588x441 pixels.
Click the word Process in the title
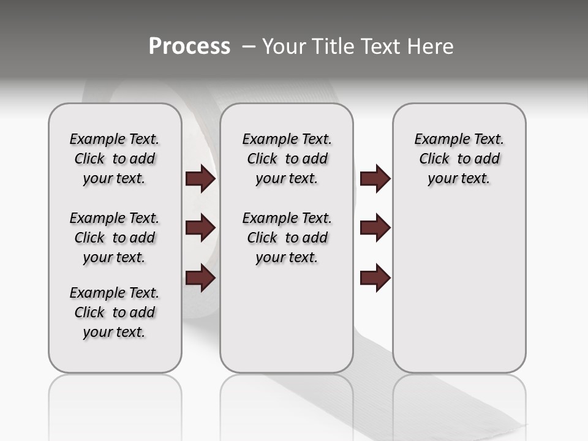pyautogui.click(x=189, y=47)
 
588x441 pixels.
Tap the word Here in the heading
pyautogui.click(x=429, y=47)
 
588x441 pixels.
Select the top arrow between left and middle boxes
pyautogui.click(x=200, y=179)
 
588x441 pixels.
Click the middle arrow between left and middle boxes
pyautogui.click(x=200, y=228)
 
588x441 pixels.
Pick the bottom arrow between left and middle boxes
pyautogui.click(x=200, y=278)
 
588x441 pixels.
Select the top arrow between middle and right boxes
pyautogui.click(x=375, y=179)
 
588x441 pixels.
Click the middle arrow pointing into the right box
pyautogui.click(x=375, y=228)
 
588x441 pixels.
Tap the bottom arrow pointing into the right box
pyautogui.click(x=375, y=278)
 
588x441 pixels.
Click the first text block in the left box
pyautogui.click(x=115, y=159)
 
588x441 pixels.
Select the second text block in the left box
pyautogui.click(x=115, y=238)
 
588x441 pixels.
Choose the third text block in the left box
pyautogui.click(x=115, y=312)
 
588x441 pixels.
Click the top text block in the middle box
pyautogui.click(x=287, y=159)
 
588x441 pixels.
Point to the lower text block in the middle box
pyautogui.click(x=287, y=238)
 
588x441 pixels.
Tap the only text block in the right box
pyautogui.click(x=459, y=159)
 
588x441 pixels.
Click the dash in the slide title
pyautogui.click(x=248, y=47)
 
